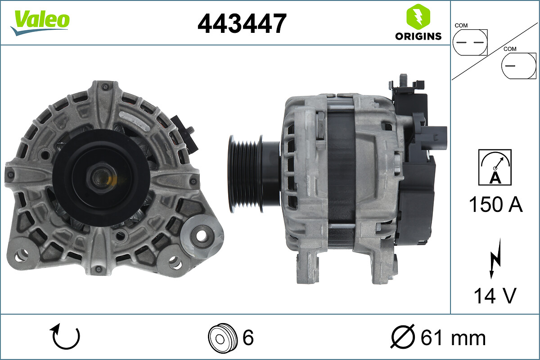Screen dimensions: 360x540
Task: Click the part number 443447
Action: coord(242,23)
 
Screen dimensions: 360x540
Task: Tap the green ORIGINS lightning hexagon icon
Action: coord(418,17)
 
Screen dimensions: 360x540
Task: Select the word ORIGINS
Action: coord(418,36)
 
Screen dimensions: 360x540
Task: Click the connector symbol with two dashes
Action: coord(470,42)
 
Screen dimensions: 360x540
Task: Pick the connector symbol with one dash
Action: coord(518,65)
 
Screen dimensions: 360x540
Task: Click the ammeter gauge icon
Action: coord(495,167)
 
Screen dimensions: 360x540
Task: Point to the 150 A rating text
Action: coord(495,204)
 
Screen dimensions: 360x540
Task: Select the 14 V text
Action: coord(495,296)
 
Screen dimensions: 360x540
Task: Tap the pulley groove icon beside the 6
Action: coord(223,337)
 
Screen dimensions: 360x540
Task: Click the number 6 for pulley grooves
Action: coord(248,337)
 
